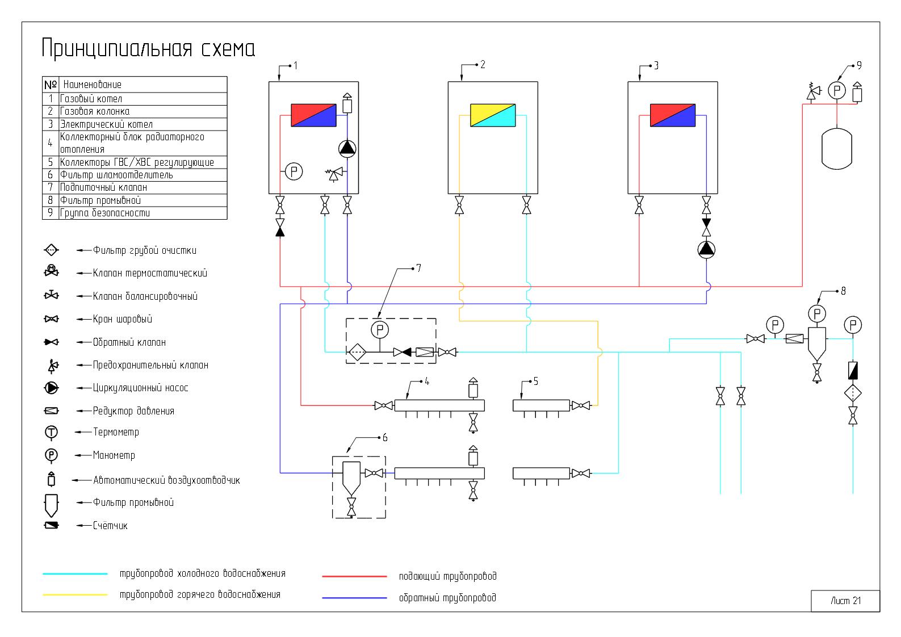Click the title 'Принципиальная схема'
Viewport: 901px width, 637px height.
pos(148,49)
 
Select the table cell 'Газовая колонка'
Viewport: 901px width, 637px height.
pos(95,111)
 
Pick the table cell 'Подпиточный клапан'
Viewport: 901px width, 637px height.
pos(103,187)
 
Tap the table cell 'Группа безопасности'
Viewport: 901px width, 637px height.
pos(104,213)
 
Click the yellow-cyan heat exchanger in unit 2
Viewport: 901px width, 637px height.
pos(493,115)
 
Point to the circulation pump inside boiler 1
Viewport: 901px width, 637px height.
pos(347,149)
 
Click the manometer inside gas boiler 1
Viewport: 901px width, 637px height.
pos(294,171)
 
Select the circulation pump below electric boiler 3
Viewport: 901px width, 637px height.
pos(706,250)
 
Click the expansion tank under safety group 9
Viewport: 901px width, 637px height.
pos(837,149)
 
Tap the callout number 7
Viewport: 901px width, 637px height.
pos(419,268)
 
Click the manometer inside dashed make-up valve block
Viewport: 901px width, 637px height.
pos(380,330)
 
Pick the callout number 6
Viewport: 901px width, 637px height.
pos(385,438)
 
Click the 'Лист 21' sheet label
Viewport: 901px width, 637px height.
pos(846,601)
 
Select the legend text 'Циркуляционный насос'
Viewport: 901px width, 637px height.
pos(140,388)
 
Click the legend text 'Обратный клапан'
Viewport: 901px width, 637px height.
pos(129,342)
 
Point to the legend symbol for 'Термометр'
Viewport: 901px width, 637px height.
pos(51,432)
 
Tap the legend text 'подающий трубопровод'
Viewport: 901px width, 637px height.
pos(448,576)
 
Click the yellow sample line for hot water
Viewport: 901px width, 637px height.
pos(75,595)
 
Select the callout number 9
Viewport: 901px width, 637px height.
pos(859,65)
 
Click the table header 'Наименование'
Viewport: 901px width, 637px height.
pos(92,85)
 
